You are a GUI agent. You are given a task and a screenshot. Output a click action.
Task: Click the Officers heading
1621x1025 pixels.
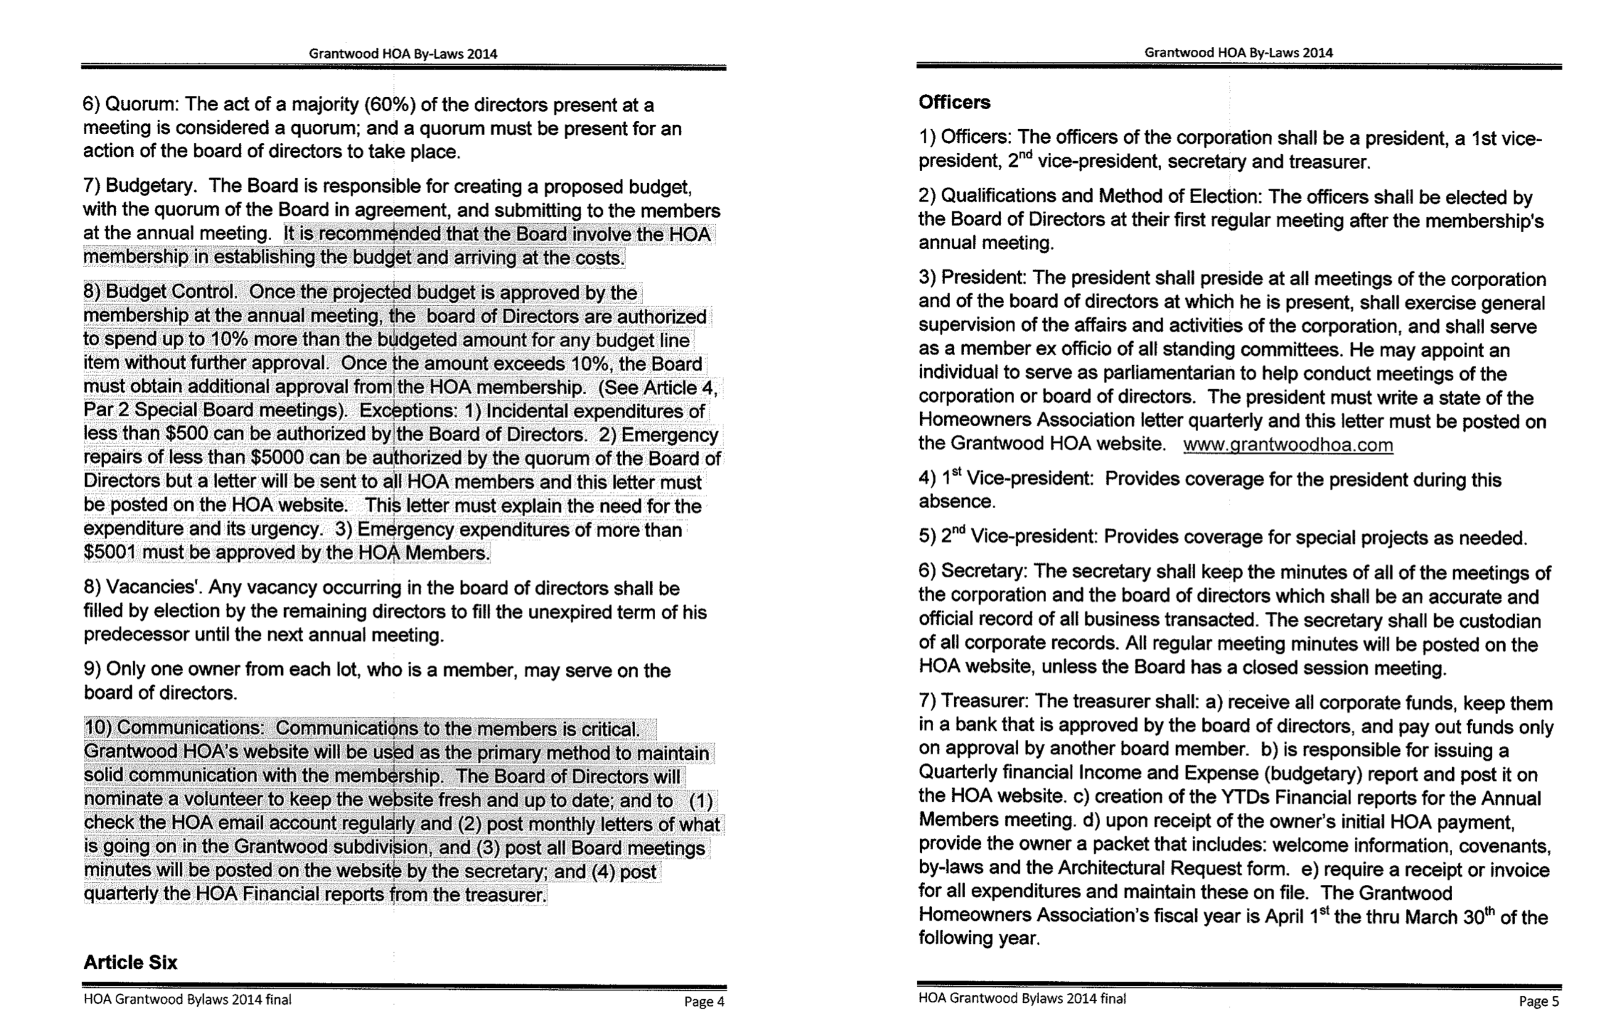click(954, 102)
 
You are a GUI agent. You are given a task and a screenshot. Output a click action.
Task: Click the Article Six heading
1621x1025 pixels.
click(130, 962)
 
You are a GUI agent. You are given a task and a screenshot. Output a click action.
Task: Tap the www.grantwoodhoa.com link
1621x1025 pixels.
click(1288, 445)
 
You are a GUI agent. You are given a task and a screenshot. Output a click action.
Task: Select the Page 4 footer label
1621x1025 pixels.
click(704, 1002)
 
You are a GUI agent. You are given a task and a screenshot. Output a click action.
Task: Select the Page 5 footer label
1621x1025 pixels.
click(1538, 1002)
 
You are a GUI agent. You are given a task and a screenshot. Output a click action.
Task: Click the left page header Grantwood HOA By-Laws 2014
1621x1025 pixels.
click(402, 54)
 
